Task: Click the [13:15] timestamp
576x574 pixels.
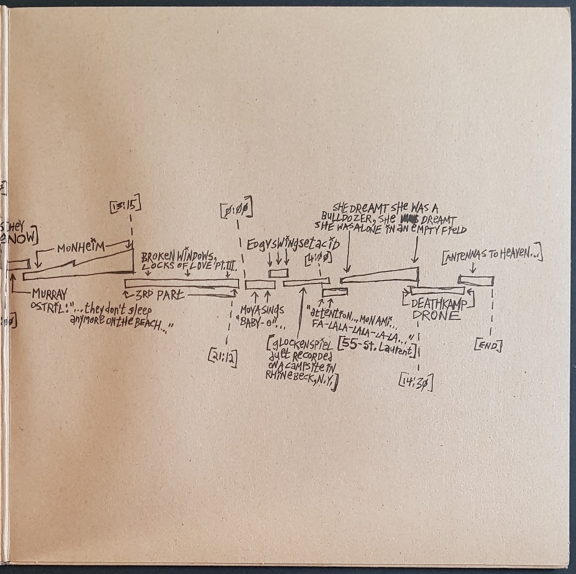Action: (125, 205)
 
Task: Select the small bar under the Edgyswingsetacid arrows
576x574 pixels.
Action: (278, 273)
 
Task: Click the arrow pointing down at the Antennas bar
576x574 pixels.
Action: (473, 268)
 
